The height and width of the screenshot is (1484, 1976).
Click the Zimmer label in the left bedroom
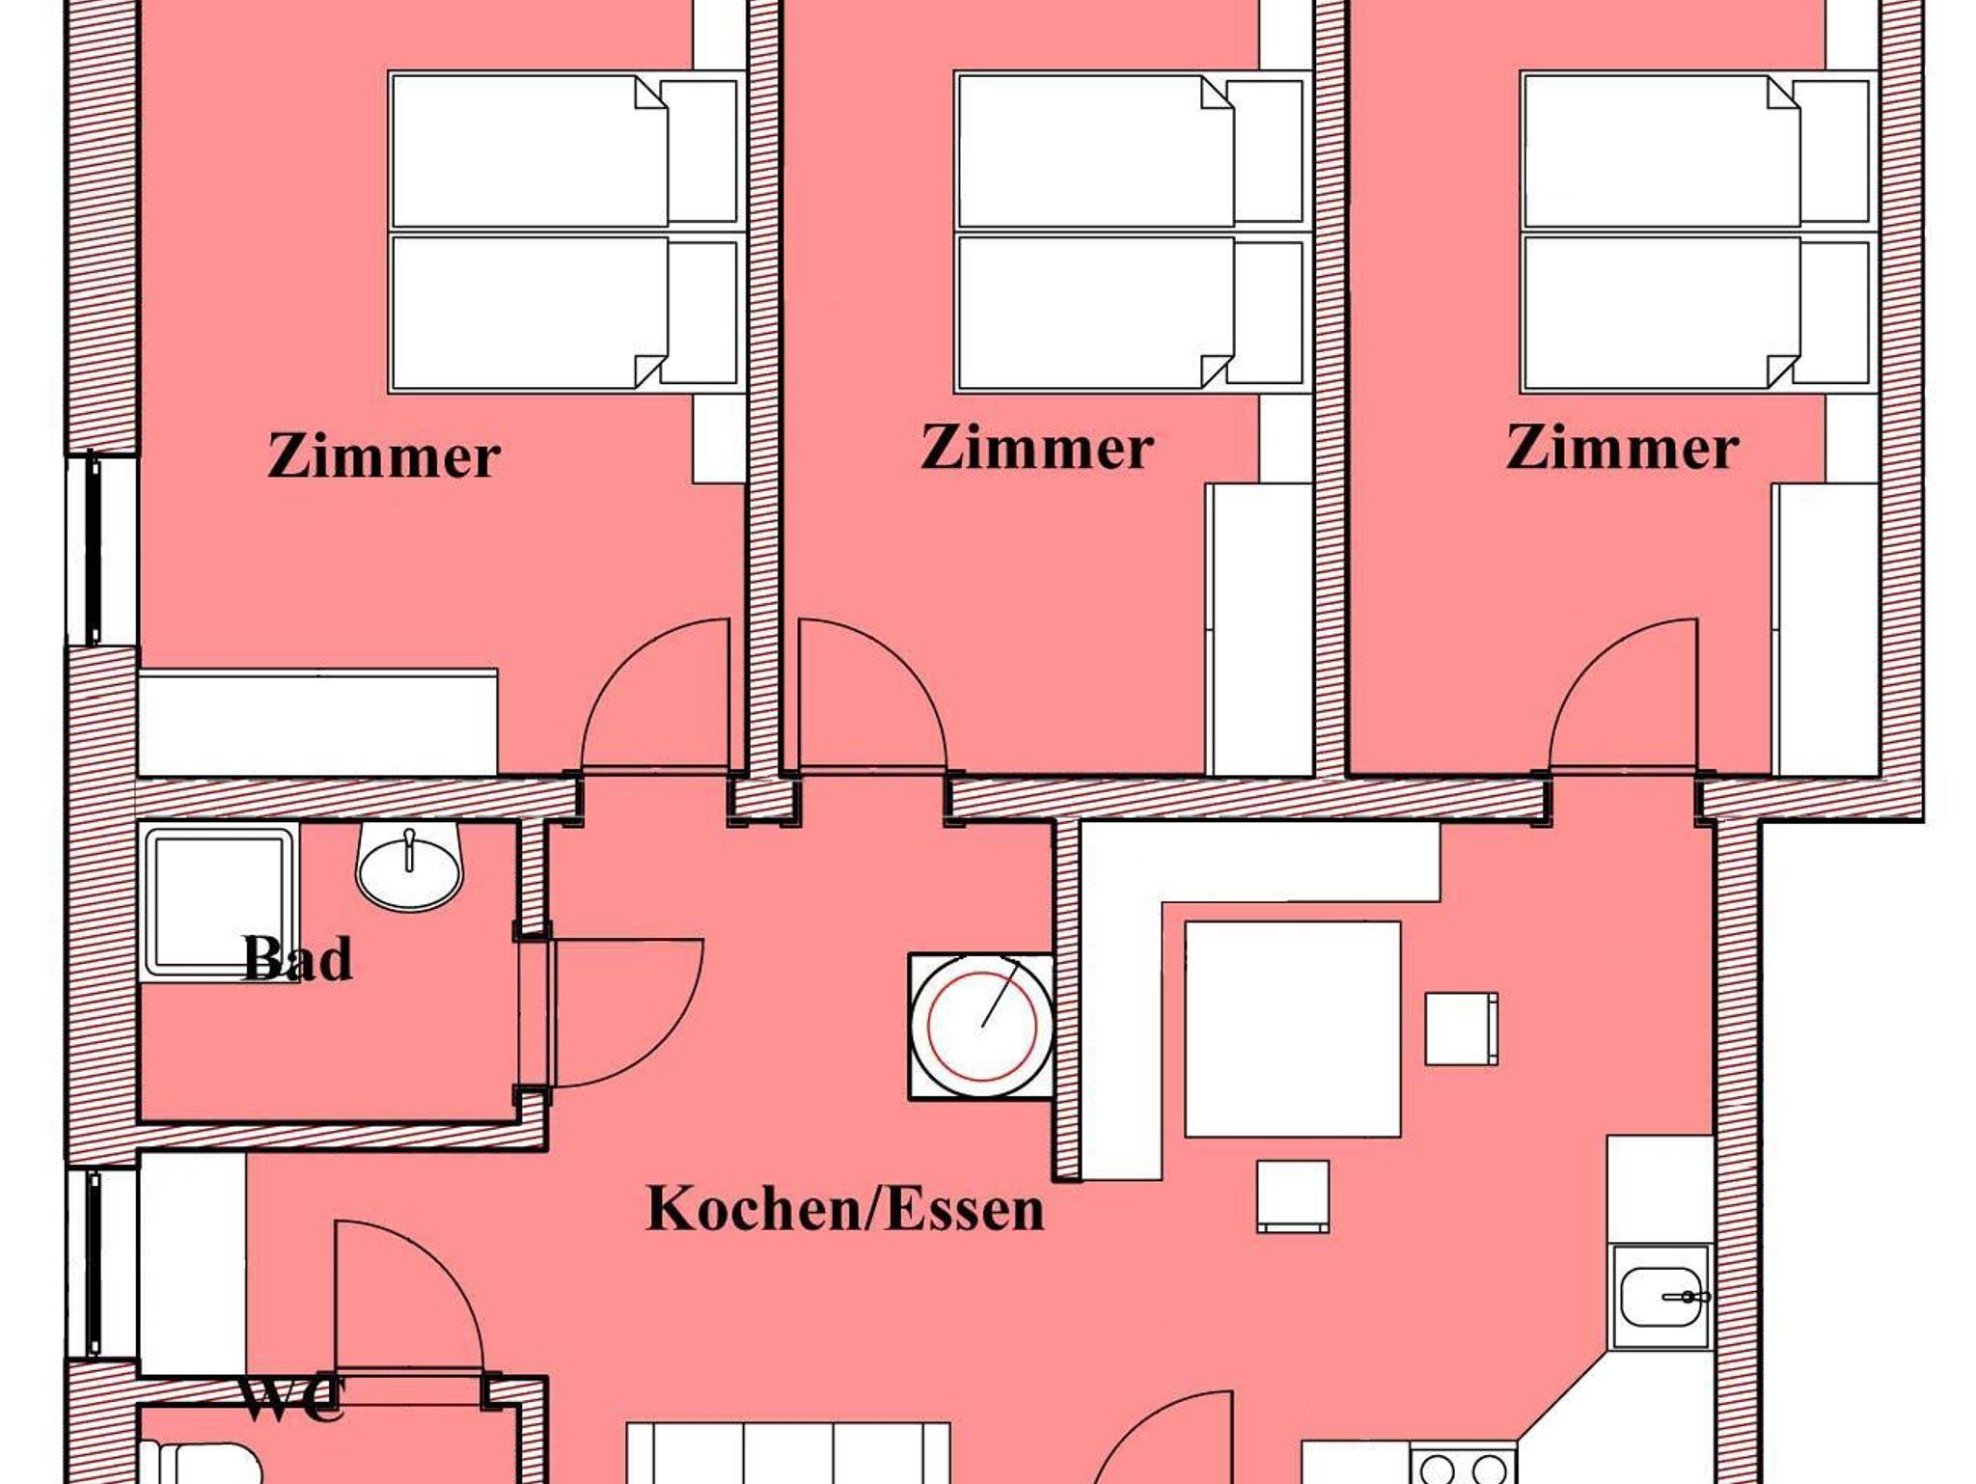tap(384, 457)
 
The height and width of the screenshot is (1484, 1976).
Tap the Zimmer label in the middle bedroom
tap(1037, 449)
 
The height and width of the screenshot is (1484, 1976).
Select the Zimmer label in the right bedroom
tap(1623, 449)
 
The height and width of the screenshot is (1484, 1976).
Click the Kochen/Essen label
tap(845, 1209)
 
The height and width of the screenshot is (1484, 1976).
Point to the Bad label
tap(298, 958)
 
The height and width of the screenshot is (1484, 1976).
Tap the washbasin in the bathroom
tap(410, 866)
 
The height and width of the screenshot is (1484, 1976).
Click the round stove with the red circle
tap(982, 1026)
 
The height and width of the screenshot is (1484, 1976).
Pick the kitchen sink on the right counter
tap(1660, 1296)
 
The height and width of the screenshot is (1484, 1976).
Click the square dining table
tap(1293, 1029)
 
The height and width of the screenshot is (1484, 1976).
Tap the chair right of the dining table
tap(1462, 1029)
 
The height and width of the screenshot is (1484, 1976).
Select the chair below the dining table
tap(1293, 1196)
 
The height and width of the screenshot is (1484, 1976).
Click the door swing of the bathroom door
tap(666, 1047)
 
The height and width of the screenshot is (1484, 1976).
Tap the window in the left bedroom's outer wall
tap(95, 550)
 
